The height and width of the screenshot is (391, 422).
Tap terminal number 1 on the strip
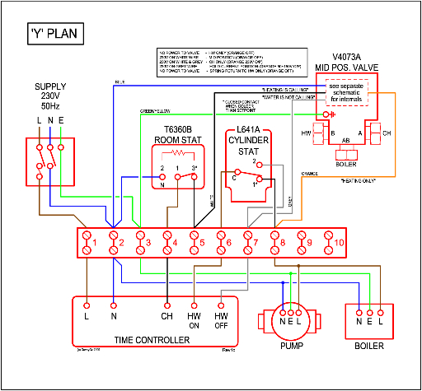click(87, 243)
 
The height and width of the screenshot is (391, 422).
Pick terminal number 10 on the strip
click(329, 243)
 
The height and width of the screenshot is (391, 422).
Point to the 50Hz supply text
click(50, 105)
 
